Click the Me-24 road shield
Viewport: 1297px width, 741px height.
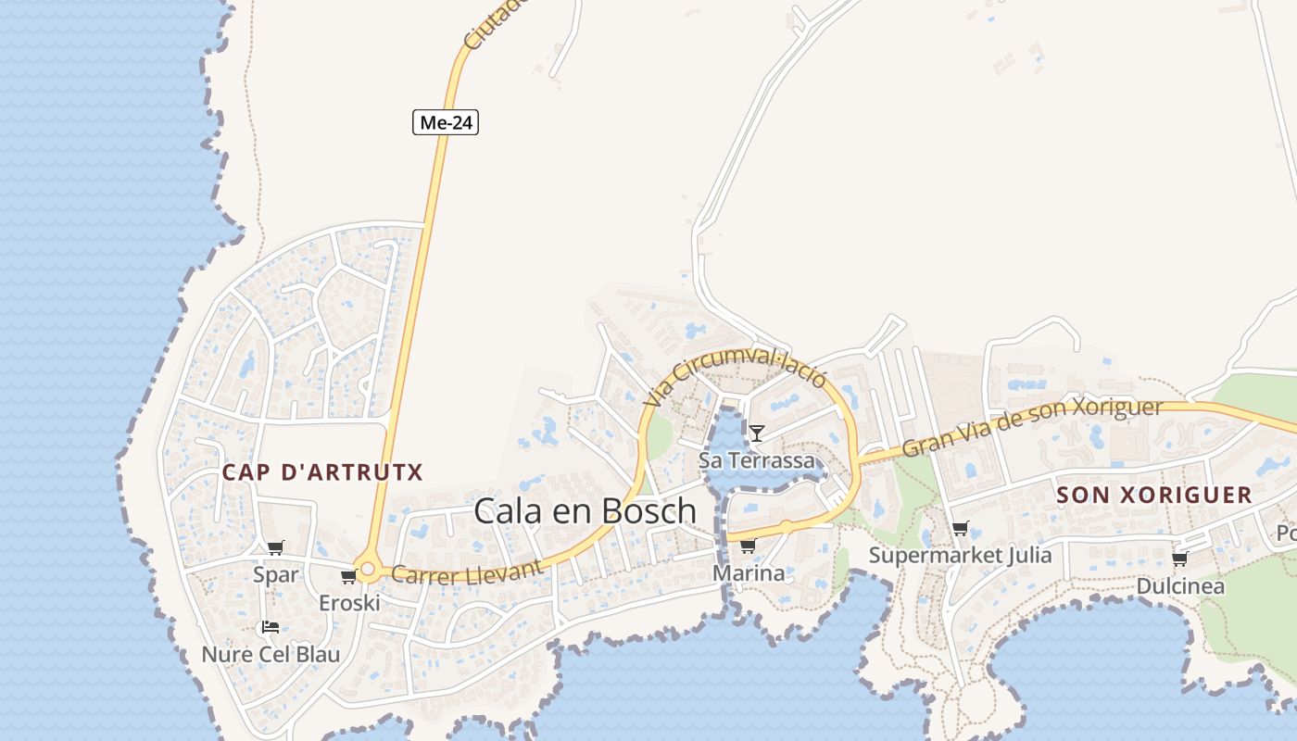(x=446, y=122)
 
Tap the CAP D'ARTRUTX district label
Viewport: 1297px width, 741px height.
(x=322, y=472)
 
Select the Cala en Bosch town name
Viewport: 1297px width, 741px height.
(x=585, y=510)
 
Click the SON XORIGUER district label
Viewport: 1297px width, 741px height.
(x=1154, y=495)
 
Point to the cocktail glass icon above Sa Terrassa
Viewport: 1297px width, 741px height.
(x=757, y=433)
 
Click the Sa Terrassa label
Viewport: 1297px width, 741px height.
(x=757, y=460)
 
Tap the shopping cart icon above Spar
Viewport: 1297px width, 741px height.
(x=275, y=548)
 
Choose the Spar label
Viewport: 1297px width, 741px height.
(x=276, y=575)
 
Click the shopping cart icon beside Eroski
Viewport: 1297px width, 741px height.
(x=349, y=577)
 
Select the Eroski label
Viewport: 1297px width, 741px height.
(x=349, y=603)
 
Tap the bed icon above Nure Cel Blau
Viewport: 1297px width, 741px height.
(x=271, y=627)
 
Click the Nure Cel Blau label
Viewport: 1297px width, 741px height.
(x=271, y=654)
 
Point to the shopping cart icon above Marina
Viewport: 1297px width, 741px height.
(x=748, y=546)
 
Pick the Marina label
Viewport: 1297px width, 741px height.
(x=749, y=573)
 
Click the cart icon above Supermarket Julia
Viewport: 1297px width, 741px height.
(x=960, y=529)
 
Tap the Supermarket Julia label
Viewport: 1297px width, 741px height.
(x=960, y=555)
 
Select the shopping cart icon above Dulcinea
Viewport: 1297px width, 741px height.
(x=1179, y=559)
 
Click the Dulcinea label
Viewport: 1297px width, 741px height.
(x=1180, y=586)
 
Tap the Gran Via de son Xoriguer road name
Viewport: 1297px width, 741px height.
(x=1031, y=428)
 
